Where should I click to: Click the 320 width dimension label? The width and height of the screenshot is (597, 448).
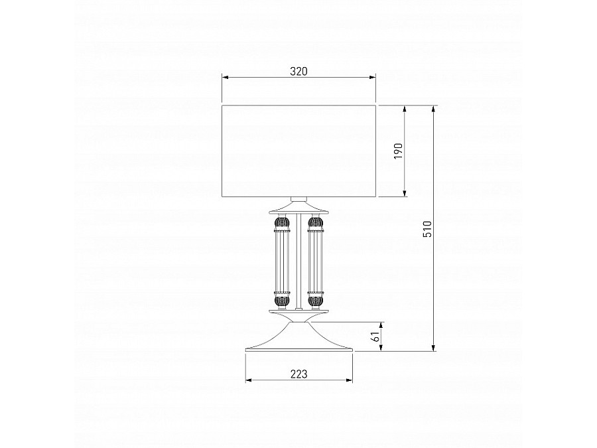point(298,71)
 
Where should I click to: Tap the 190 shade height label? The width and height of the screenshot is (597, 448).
point(398,151)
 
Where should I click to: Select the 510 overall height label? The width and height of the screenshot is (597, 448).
point(428,229)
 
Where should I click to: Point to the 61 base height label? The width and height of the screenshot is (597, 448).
point(375,336)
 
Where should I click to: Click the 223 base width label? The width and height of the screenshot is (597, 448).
point(299,374)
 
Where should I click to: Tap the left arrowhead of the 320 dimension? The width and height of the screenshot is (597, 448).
point(225,78)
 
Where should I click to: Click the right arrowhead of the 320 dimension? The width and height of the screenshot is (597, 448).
point(373,78)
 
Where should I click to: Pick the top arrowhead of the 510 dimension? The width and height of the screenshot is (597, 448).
point(433,109)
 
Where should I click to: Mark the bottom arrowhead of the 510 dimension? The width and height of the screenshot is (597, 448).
point(433,348)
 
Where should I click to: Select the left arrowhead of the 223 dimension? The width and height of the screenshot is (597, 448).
point(249,380)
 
